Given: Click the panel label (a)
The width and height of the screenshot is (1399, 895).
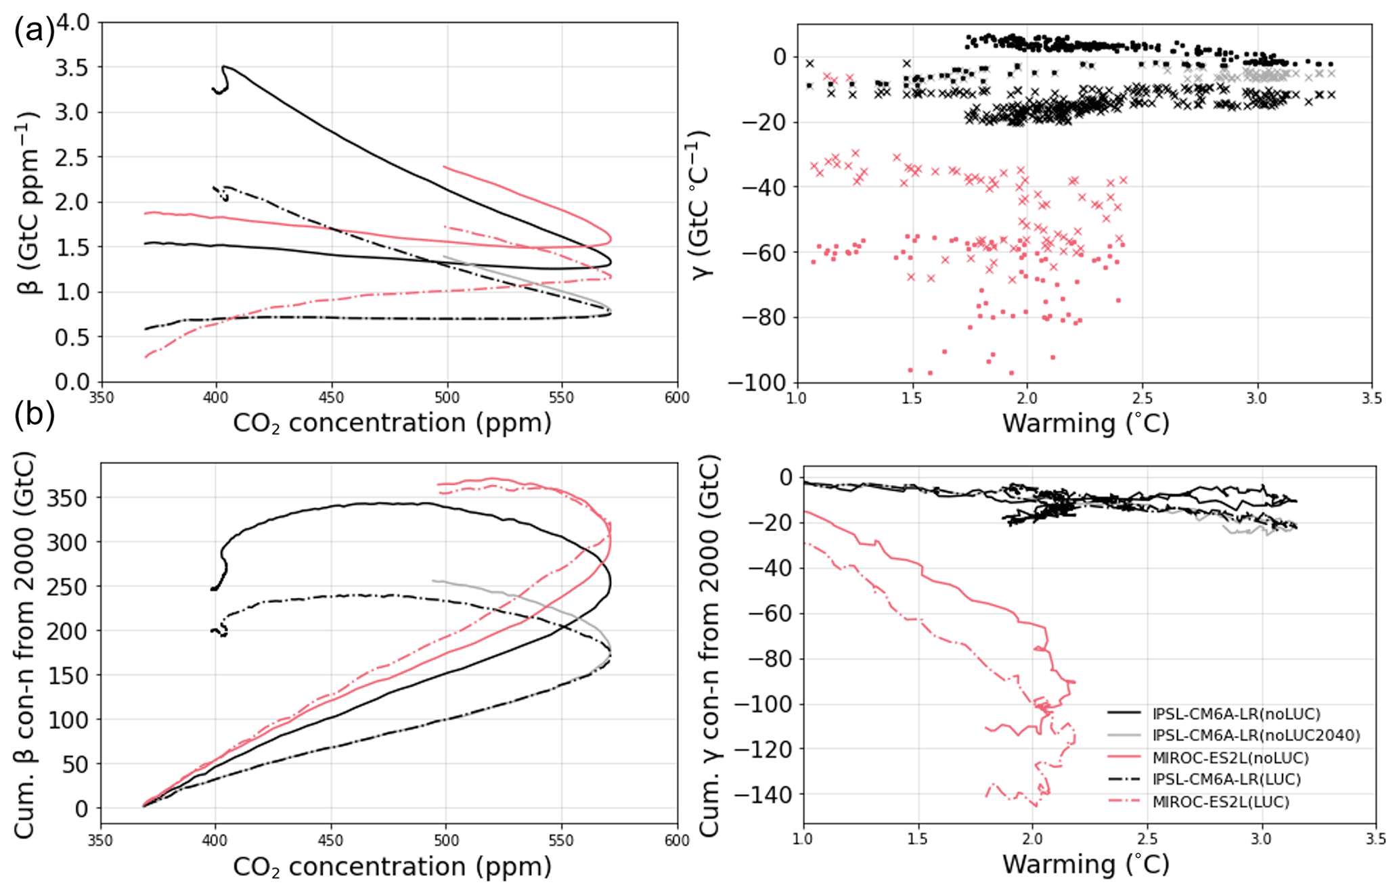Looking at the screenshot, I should (34, 32).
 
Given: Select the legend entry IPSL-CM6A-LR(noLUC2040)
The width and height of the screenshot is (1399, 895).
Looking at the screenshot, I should (1256, 735).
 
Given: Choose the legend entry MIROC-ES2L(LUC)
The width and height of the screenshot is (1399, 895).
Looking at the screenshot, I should (1220, 802).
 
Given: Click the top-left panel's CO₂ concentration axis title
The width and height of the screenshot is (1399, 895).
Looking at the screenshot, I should (392, 423).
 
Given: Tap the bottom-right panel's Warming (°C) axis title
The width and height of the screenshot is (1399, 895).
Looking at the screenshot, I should (1086, 865).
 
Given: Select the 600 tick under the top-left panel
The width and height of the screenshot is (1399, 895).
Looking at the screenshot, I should (677, 398).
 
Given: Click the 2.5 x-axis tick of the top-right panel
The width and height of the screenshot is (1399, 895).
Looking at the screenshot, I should (1142, 398).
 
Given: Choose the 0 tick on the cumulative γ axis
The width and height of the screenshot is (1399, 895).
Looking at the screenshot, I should (785, 478).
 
